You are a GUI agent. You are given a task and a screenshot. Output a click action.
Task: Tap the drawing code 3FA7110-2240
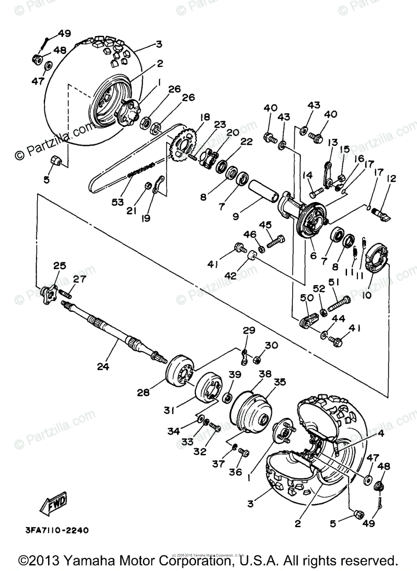pyautogui.click(x=53, y=530)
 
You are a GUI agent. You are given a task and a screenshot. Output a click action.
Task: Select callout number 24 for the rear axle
pyautogui.click(x=103, y=366)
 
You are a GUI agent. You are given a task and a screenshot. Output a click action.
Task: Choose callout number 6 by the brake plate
pyautogui.click(x=313, y=255)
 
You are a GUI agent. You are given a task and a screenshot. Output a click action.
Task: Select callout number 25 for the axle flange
pyautogui.click(x=60, y=266)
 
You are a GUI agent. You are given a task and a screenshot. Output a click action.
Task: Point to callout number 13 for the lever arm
pyautogui.click(x=332, y=142)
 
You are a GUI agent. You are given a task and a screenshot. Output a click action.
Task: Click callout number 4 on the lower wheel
pyautogui.click(x=381, y=433)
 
